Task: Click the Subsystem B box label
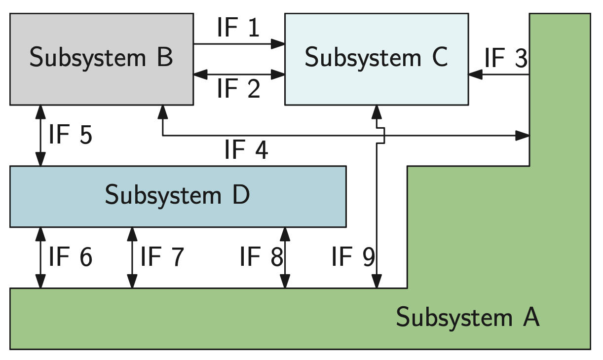click(x=101, y=58)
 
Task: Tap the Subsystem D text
click(x=178, y=195)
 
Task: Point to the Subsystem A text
click(x=468, y=318)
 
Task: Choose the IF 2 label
click(x=238, y=89)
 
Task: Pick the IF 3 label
click(x=506, y=58)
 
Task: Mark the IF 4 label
click(x=246, y=150)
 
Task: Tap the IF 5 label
click(x=70, y=135)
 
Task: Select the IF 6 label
click(x=70, y=257)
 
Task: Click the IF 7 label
click(x=162, y=257)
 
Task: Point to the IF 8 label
click(x=261, y=257)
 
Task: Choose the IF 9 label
click(x=353, y=257)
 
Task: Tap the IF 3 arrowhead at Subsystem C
click(x=475, y=75)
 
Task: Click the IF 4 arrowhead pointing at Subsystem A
click(x=523, y=135)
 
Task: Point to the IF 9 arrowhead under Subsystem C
click(x=377, y=111)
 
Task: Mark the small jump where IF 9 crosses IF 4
click(x=380, y=135)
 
